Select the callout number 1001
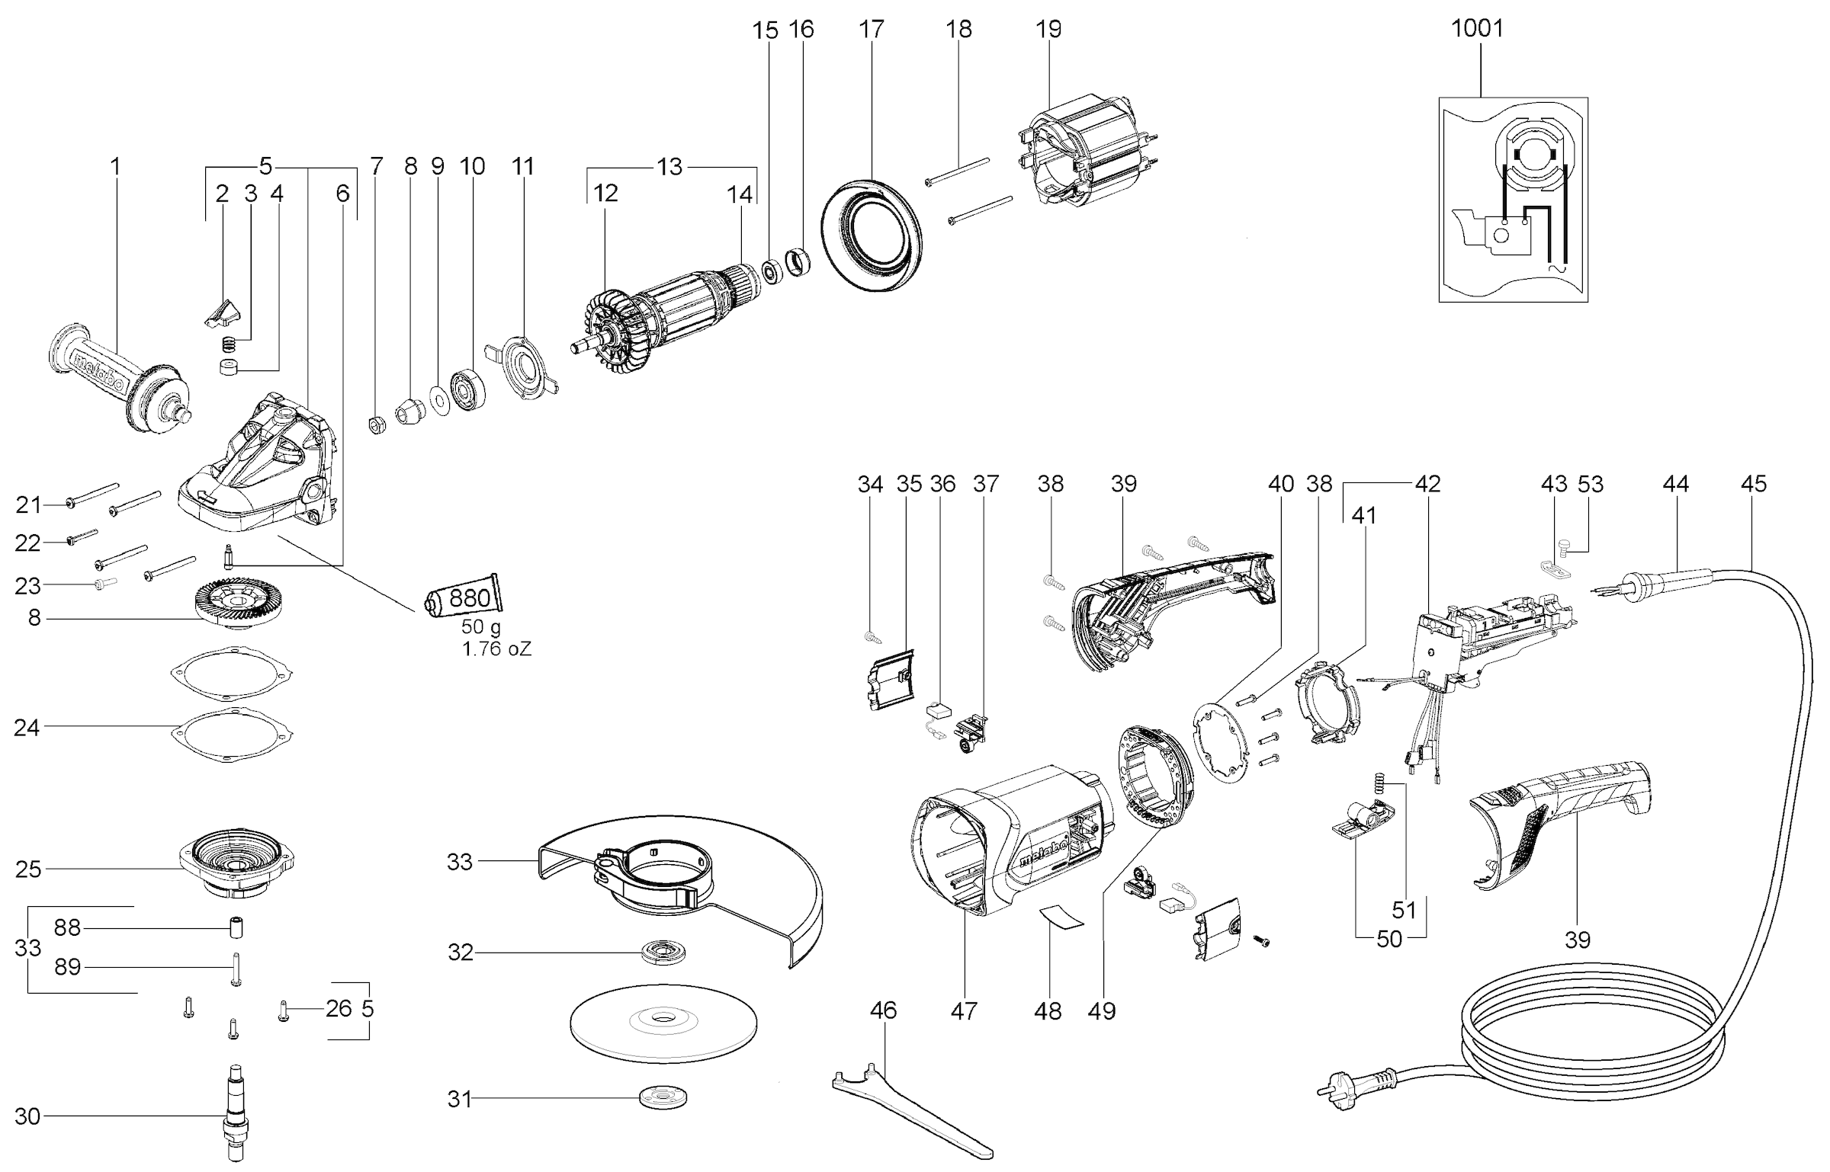(x=1476, y=28)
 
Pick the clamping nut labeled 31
(x=663, y=1099)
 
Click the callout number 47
(x=964, y=1011)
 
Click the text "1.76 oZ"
(x=496, y=649)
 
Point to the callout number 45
(x=1754, y=483)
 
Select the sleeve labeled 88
(x=236, y=929)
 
